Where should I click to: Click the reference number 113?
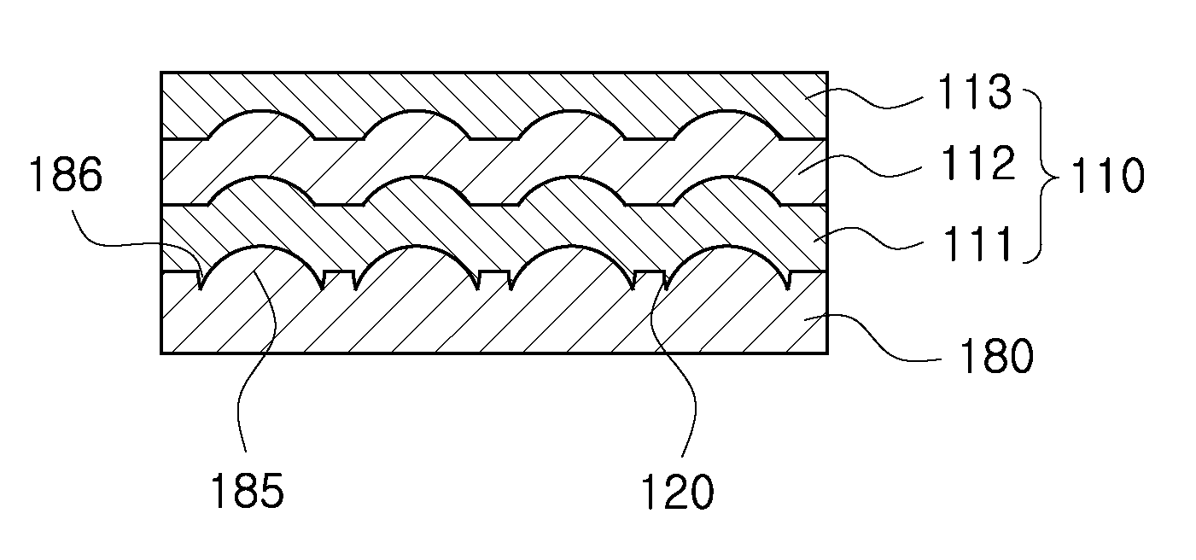[974, 92]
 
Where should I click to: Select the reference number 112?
[977, 163]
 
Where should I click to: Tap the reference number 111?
[977, 243]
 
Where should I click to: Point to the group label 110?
[1108, 175]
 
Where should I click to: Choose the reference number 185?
[248, 491]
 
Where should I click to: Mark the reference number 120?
[677, 492]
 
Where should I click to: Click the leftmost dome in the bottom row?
[261, 261]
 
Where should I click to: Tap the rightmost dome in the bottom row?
[726, 261]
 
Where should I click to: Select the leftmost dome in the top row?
[260, 124]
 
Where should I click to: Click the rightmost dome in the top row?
[726, 124]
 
